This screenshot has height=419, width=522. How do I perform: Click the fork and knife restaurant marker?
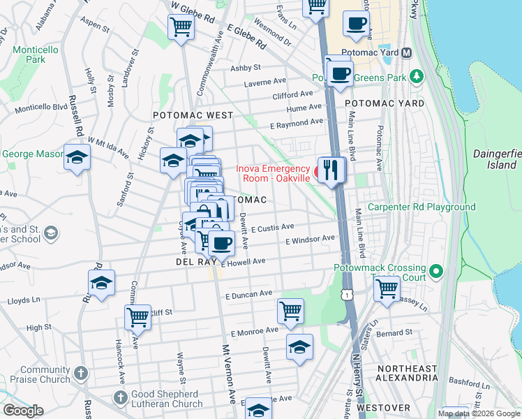[x=332, y=170]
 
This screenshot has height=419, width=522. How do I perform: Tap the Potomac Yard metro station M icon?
[x=407, y=53]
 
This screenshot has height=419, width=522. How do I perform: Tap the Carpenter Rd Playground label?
[x=422, y=207]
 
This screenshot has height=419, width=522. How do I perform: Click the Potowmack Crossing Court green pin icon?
[x=437, y=270]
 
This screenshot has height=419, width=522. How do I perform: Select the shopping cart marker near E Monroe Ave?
[x=290, y=311]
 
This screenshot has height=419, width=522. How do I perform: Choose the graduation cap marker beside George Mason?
[x=77, y=158]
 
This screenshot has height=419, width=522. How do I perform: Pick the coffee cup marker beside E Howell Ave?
[x=222, y=243]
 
